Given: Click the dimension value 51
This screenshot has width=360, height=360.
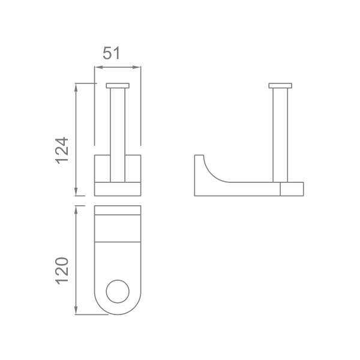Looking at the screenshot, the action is click(x=111, y=53).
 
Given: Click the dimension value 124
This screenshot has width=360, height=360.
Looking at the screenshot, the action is click(x=62, y=151).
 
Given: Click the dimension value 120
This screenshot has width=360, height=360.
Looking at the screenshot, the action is click(x=62, y=271).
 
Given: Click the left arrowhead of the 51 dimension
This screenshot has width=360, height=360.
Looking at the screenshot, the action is click(x=98, y=67).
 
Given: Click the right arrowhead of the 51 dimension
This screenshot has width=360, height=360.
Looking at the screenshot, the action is click(x=137, y=67).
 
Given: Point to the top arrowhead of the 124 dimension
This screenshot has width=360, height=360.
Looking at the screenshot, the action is click(x=76, y=88).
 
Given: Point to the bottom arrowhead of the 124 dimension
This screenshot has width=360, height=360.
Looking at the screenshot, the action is click(x=76, y=192).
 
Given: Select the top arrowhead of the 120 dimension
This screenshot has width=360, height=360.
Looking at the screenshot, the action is click(x=76, y=210).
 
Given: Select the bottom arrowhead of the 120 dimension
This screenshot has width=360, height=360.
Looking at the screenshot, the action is click(x=76, y=310).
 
